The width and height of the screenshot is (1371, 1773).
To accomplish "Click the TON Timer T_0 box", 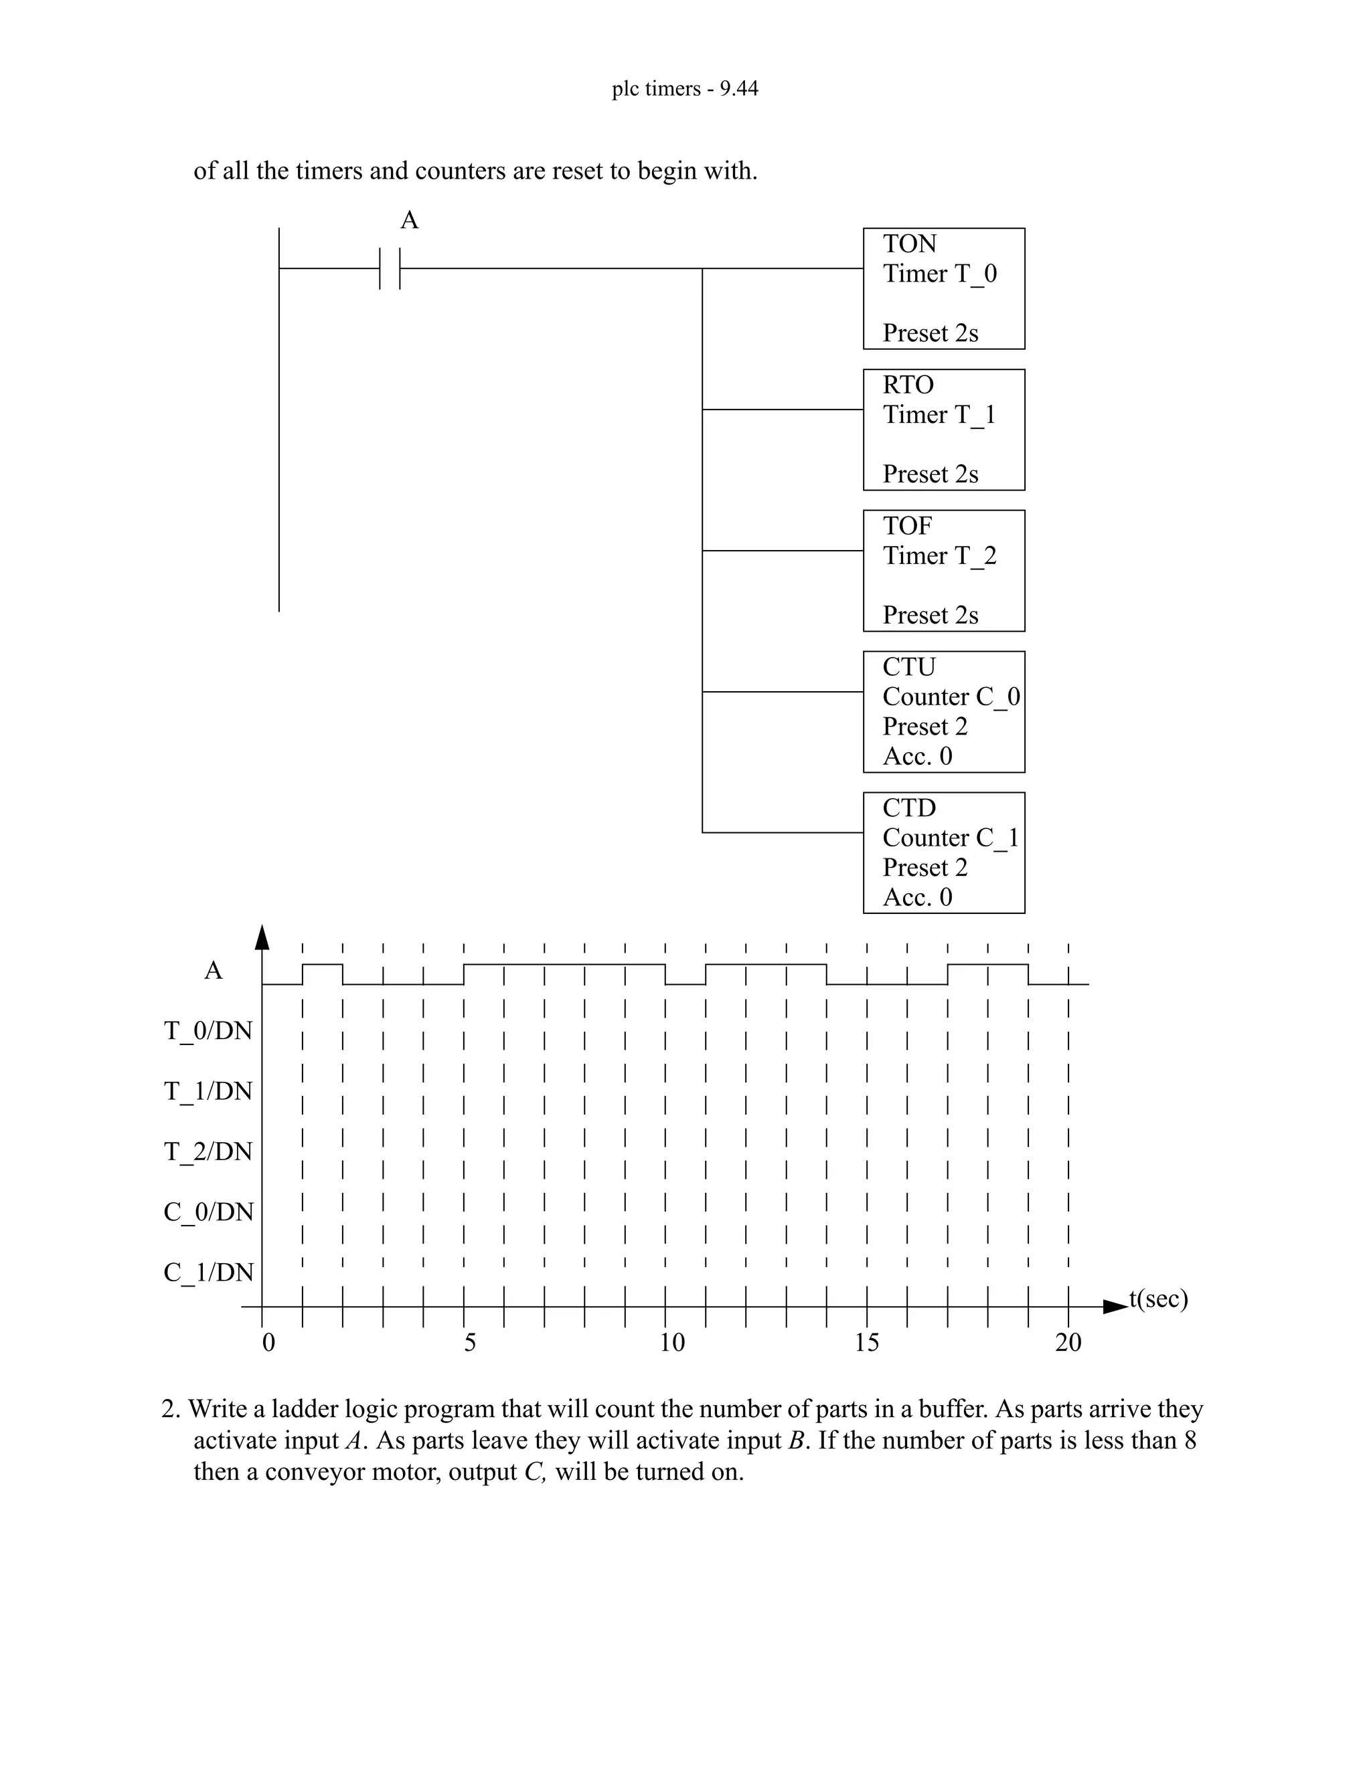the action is tap(943, 288).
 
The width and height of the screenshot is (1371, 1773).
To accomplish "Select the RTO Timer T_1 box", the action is tap(943, 430).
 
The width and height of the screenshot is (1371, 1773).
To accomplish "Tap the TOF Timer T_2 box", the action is tap(943, 571).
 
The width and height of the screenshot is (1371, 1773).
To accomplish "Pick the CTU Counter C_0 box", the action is tap(943, 711).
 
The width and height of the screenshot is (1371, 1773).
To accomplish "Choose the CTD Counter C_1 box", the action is tap(943, 852).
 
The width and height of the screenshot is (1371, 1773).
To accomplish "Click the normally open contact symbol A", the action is tap(390, 268).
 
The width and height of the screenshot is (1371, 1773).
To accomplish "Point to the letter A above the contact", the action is tap(409, 221).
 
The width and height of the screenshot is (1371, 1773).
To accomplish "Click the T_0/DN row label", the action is tap(209, 1031).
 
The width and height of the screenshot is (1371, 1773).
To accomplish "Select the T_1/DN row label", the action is tap(209, 1091).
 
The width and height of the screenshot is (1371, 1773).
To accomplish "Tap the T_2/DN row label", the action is tap(209, 1151).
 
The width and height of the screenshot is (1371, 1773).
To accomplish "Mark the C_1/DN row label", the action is tap(209, 1271).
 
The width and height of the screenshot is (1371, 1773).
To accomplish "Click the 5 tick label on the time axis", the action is tap(470, 1343).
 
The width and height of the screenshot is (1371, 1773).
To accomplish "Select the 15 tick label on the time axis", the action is tap(867, 1343).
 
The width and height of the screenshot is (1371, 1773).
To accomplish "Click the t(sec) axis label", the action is tap(1158, 1299).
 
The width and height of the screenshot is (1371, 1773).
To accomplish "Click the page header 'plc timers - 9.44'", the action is tap(685, 88).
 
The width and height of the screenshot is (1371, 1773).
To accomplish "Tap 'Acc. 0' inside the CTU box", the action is tap(917, 756).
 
